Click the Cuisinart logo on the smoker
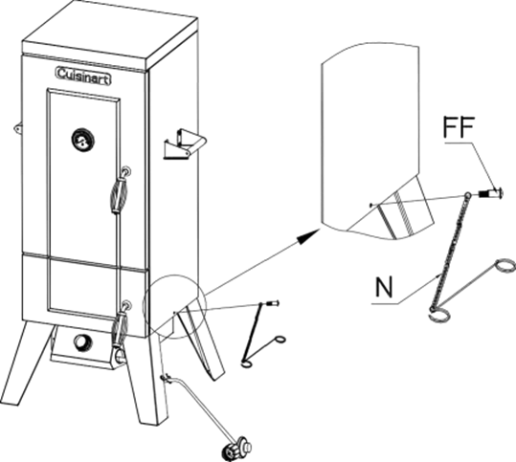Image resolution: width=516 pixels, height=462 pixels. coord(83,76)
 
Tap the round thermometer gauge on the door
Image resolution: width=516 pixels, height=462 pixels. coord(82,140)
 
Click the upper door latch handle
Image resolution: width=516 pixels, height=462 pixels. coord(119,191)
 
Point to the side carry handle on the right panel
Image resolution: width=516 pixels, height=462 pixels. coord(185,144)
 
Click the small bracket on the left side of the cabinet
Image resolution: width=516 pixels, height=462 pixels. coord(18,128)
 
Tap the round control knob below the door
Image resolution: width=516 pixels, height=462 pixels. coord(82,342)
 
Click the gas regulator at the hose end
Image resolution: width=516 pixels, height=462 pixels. coord(237,449)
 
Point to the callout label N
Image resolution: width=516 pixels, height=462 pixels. coord(384,287)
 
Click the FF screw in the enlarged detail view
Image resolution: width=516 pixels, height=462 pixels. coord(491,192)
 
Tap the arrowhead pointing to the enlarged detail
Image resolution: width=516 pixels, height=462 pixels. coord(308,236)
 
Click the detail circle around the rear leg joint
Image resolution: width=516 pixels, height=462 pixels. coord(174,306)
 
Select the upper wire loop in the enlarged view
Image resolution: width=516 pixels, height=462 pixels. coord(505,266)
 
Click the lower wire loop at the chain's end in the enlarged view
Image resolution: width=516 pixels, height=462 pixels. coord(439,316)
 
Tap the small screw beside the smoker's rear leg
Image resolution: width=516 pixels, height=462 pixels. coord(274,303)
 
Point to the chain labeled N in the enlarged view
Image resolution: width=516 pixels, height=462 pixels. coord(450,251)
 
